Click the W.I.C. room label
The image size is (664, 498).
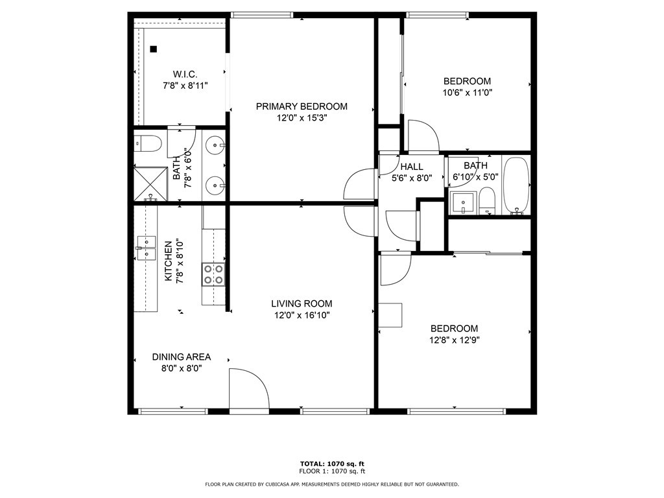[185, 75]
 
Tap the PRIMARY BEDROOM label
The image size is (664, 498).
[302, 106]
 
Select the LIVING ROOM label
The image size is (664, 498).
[302, 303]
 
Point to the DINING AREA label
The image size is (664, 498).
[182, 357]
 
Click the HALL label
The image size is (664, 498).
[412, 167]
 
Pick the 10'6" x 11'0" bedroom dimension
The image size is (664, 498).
[467, 93]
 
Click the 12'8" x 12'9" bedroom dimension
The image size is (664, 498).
[454, 340]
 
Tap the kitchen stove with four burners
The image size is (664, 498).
[213, 274]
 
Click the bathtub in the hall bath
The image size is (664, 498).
[516, 186]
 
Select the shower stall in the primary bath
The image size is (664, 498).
[150, 184]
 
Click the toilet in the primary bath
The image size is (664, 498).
[148, 144]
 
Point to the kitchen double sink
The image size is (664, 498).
[147, 248]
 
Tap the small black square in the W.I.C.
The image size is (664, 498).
[153, 49]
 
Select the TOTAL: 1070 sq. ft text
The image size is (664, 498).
[332, 464]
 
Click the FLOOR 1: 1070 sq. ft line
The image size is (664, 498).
[332, 471]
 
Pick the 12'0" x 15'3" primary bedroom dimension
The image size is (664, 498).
[302, 118]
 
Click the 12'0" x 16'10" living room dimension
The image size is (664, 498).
[302, 315]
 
